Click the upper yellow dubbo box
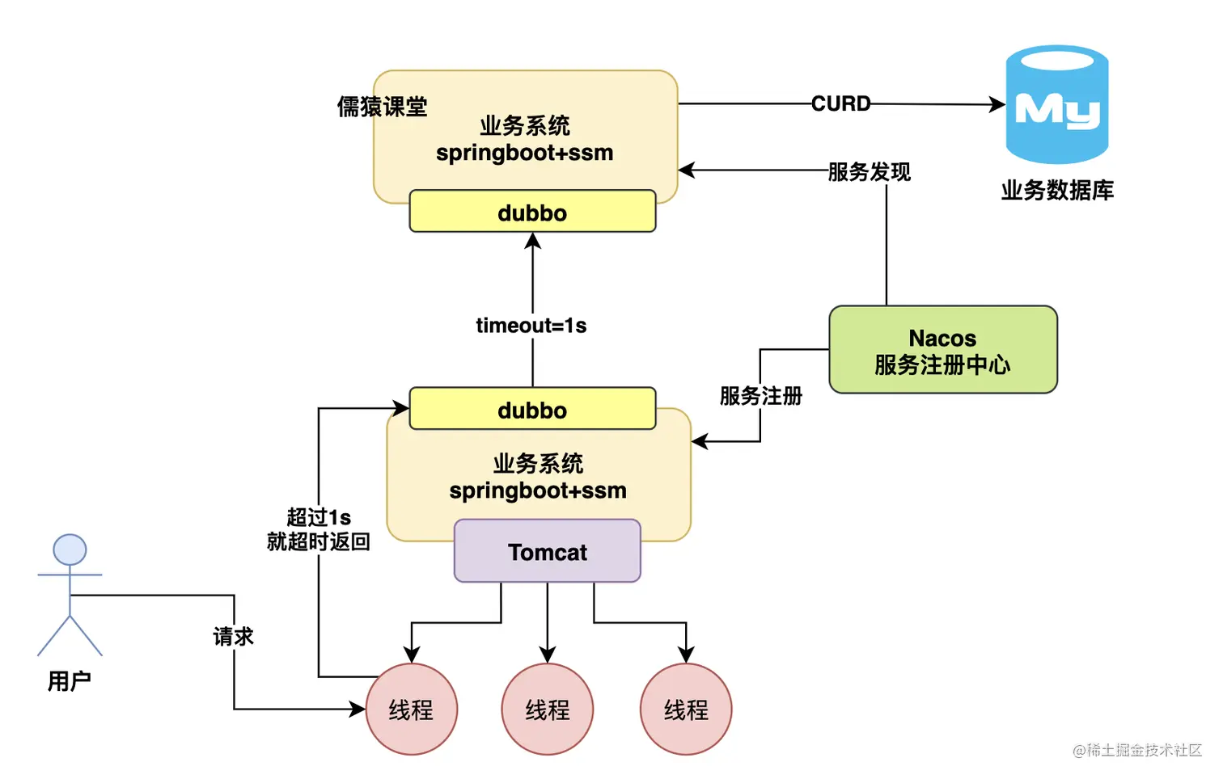[532, 212]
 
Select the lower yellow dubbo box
[532, 409]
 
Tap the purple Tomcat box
[548, 551]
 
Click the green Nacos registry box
[943, 350]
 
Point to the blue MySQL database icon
[1056, 104]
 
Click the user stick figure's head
[70, 550]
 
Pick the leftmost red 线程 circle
[412, 710]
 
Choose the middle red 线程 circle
[548, 710]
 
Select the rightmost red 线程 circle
[686, 710]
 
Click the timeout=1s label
[531, 325]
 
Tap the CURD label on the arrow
[841, 103]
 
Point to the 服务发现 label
[870, 171]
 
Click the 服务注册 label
[761, 396]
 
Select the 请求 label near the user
[234, 637]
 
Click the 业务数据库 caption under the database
[1057, 191]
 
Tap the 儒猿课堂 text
[383, 107]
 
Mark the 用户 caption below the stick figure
[70, 681]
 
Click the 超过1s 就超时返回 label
[319, 529]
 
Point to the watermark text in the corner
[1137, 750]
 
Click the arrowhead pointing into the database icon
[998, 104]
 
